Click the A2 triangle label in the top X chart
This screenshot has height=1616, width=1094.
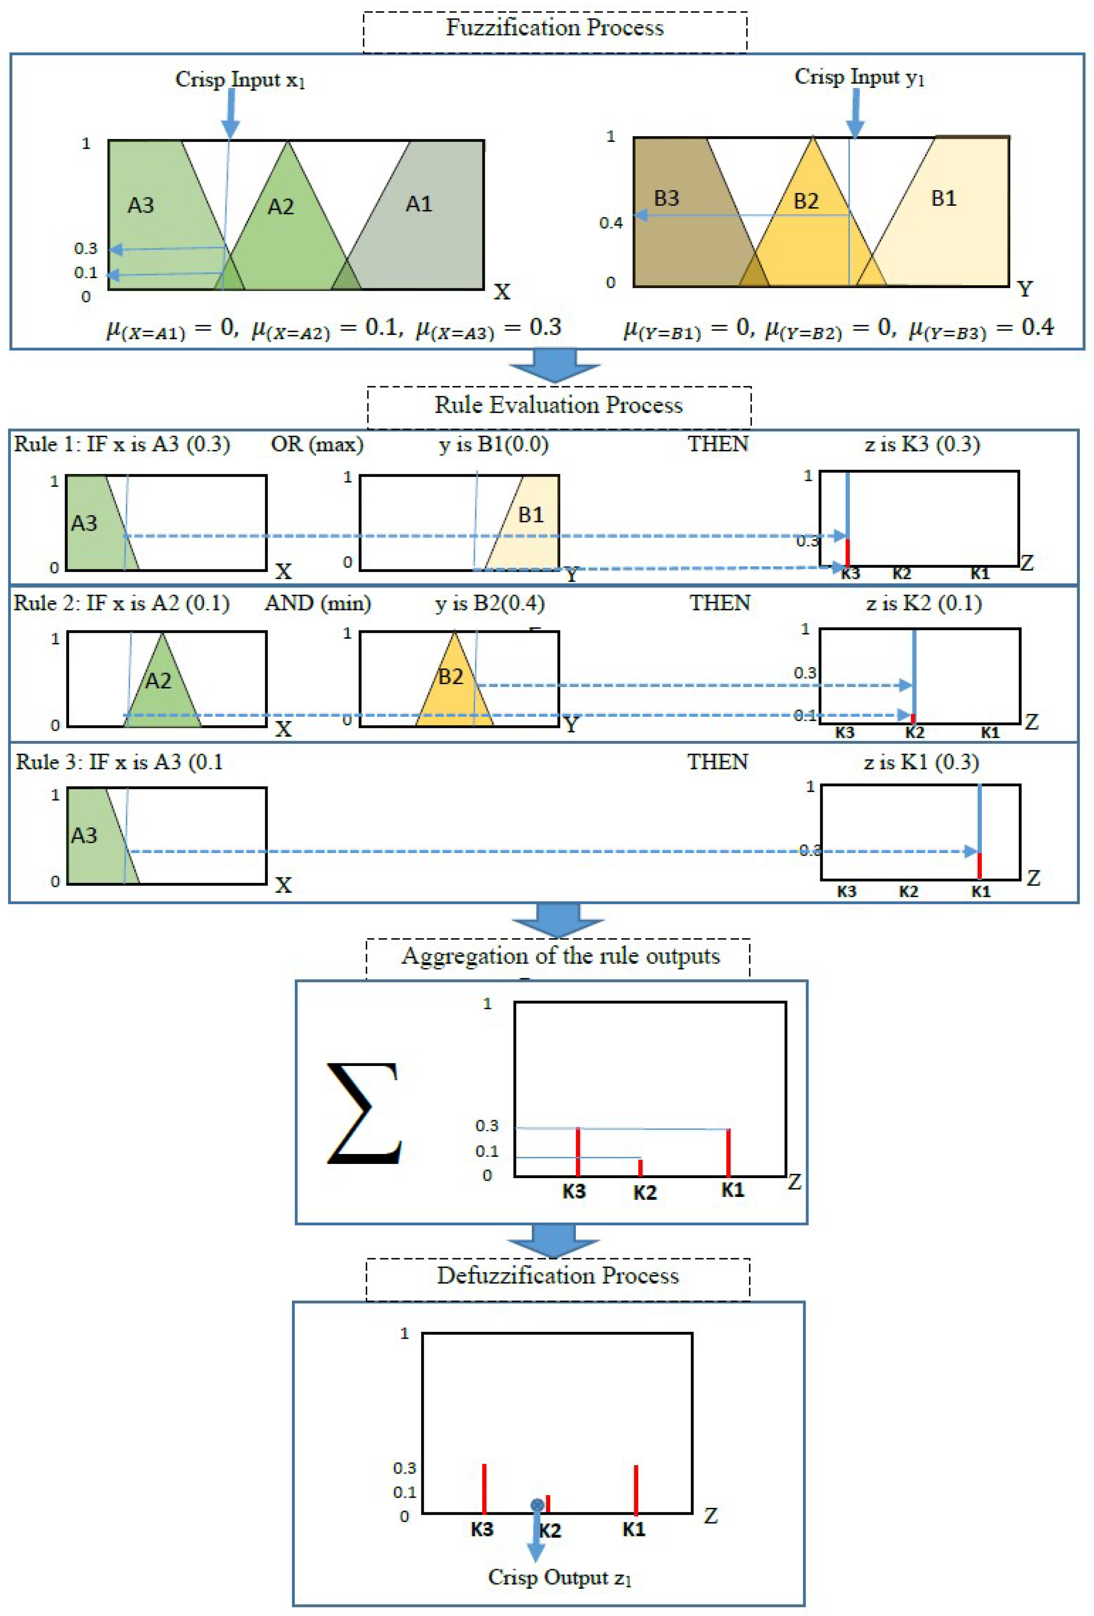coord(281,206)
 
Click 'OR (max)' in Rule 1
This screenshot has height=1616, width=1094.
coord(317,444)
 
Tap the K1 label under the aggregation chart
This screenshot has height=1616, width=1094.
coord(732,1190)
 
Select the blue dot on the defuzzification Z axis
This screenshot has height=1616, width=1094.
coord(537,1505)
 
